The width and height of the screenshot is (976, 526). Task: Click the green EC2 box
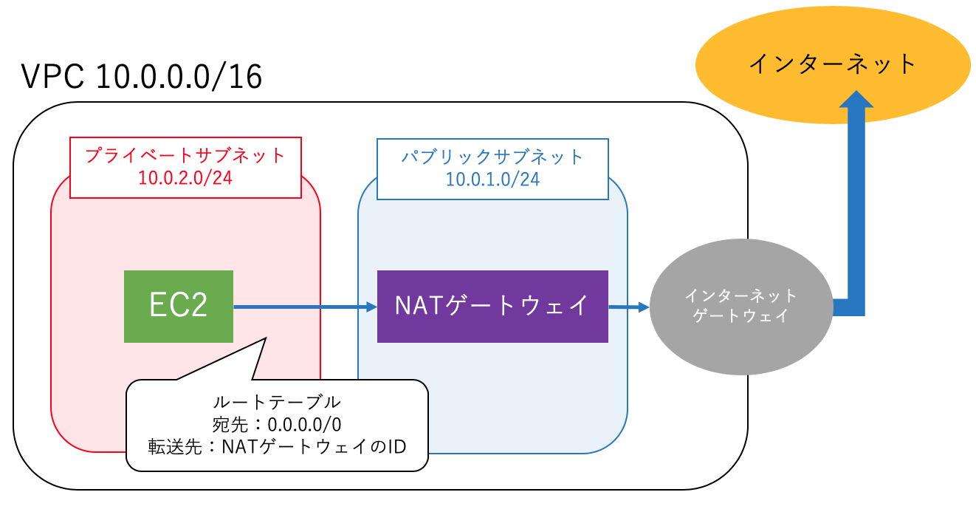[x=178, y=306]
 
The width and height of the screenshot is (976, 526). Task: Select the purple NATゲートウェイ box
[x=492, y=306]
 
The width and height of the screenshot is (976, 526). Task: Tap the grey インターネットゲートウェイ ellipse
[x=740, y=306]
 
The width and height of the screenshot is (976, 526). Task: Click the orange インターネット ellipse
[x=832, y=64]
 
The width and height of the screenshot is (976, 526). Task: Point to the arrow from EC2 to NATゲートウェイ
[x=303, y=307]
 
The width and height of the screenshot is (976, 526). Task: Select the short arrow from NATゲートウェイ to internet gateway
[x=628, y=307]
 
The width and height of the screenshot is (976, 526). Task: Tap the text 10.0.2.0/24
[x=185, y=178]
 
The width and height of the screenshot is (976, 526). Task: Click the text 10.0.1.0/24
[x=492, y=178]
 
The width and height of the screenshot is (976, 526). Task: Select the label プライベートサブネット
[x=185, y=156]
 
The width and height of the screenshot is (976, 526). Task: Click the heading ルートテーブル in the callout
[x=277, y=403]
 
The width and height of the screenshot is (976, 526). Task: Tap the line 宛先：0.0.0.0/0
[x=277, y=425]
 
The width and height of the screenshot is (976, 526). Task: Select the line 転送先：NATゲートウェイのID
[x=277, y=446]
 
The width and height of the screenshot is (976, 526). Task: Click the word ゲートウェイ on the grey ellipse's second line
[x=740, y=316]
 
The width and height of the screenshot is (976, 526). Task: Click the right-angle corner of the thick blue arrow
[x=856, y=307]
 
